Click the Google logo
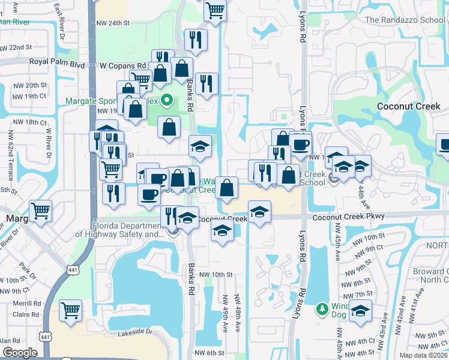pos(20,353)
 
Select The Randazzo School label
pos(406,20)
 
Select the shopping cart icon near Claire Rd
pos(71,310)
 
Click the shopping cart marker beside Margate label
pos(40,211)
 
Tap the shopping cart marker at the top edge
pos(214,9)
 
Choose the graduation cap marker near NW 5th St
pos(360,311)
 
